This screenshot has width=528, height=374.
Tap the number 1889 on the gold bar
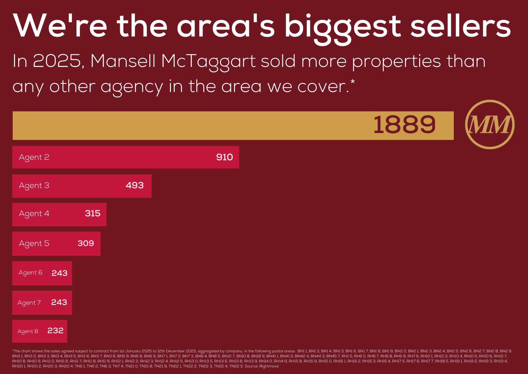click(404, 125)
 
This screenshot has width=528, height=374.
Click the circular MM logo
click(490, 124)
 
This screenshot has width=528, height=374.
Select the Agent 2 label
click(34, 157)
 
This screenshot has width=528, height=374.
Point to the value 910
click(224, 157)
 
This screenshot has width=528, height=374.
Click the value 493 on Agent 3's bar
click(135, 185)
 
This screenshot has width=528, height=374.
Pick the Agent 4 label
click(34, 214)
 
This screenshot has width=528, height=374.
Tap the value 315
click(93, 213)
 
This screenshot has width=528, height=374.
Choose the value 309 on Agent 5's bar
click(86, 243)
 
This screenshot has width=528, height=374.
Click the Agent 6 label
click(30, 273)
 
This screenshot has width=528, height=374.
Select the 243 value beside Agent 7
click(59, 302)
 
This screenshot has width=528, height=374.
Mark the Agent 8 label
click(28, 331)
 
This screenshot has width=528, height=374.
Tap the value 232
click(55, 331)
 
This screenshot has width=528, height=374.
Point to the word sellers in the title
click(461, 26)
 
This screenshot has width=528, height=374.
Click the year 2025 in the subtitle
click(57, 61)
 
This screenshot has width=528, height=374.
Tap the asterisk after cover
click(353, 82)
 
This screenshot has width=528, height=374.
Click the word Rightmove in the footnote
click(269, 366)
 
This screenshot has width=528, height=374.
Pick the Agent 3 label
click(34, 186)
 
